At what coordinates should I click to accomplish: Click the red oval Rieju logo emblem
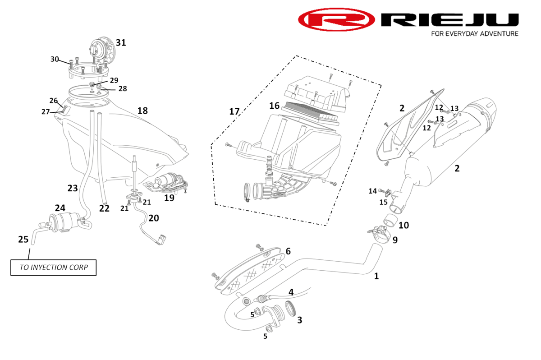pyautogui.click(x=336, y=20)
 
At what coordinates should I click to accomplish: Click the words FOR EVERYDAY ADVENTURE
pyautogui.click(x=474, y=34)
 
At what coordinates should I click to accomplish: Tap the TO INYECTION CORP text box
pyautogui.click(x=53, y=267)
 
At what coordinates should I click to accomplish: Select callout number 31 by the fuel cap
pyautogui.click(x=121, y=43)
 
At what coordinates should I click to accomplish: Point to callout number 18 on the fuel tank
pyautogui.click(x=142, y=111)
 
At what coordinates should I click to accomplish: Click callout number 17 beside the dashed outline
pyautogui.click(x=234, y=111)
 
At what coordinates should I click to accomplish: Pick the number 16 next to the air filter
pyautogui.click(x=275, y=106)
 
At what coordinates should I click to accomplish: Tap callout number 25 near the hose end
pyautogui.click(x=23, y=239)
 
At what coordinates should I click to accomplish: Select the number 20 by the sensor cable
pyautogui.click(x=153, y=218)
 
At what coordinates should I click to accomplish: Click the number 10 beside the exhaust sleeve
pyautogui.click(x=403, y=225)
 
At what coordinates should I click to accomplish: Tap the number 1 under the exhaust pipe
pyautogui.click(x=376, y=276)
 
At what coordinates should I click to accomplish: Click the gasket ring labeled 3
pyautogui.click(x=289, y=308)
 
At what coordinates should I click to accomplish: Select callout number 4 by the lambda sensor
pyautogui.click(x=291, y=292)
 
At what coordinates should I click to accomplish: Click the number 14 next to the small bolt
pyautogui.click(x=372, y=191)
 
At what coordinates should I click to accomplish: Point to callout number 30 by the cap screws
pyautogui.click(x=55, y=59)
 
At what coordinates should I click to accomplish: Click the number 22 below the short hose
pyautogui.click(x=104, y=208)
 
